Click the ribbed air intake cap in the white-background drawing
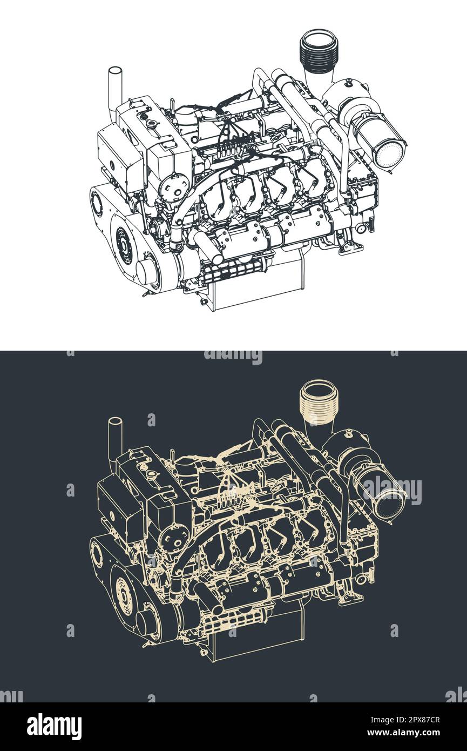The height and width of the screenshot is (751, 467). coord(319,51)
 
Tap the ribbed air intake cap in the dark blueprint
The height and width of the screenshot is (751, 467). coord(319,403)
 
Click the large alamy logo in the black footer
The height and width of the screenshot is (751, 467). coord(54,727)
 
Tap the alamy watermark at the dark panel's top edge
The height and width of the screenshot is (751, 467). coord(233,357)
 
